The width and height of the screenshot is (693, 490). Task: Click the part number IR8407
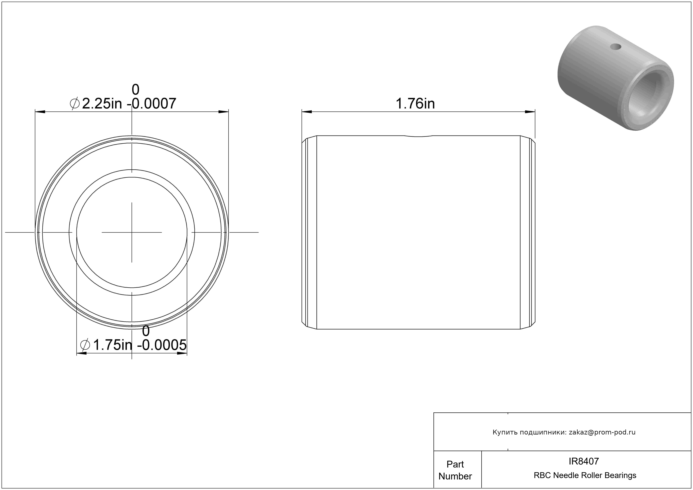pyautogui.click(x=584, y=461)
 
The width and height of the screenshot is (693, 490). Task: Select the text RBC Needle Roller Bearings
pyautogui.click(x=585, y=475)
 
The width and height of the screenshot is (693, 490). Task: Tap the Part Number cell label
pyautogui.click(x=455, y=470)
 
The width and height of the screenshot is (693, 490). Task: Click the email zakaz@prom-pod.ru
pyautogui.click(x=602, y=432)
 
